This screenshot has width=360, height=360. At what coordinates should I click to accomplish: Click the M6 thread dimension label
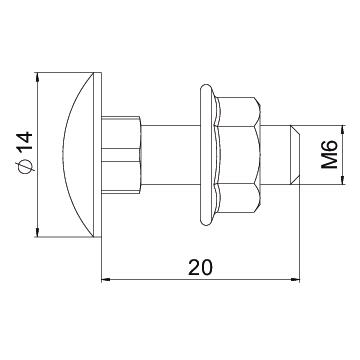coord(329,154)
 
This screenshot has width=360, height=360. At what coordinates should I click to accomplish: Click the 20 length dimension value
coord(200,267)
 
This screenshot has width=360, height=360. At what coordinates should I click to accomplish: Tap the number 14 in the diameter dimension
coord(25,141)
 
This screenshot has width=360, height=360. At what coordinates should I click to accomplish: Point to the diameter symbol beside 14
coord(25,165)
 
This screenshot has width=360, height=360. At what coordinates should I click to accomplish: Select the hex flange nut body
coord(237,155)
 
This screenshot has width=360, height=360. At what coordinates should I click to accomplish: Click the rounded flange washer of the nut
coord(207,155)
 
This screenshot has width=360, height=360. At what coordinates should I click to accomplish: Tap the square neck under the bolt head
coord(121,155)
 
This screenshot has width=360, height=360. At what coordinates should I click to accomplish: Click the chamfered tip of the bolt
coord(295,155)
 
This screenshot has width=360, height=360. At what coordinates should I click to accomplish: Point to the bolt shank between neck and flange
coord(170,155)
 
